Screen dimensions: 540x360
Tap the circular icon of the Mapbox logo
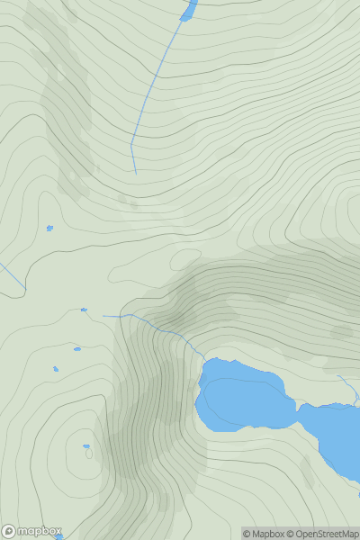point(9,531)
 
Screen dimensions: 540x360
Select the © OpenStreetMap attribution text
point(322,534)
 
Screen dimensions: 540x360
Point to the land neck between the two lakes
point(298,416)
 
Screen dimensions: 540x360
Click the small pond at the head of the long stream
point(188,11)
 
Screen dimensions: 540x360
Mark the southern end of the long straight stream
point(136,173)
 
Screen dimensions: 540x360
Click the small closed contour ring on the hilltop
point(88,454)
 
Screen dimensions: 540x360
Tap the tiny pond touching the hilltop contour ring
point(86,445)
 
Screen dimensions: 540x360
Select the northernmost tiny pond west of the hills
point(49,228)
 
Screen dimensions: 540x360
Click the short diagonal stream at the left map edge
point(12,276)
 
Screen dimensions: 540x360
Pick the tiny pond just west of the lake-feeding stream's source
point(84,310)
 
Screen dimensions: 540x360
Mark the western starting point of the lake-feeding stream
point(103,316)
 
